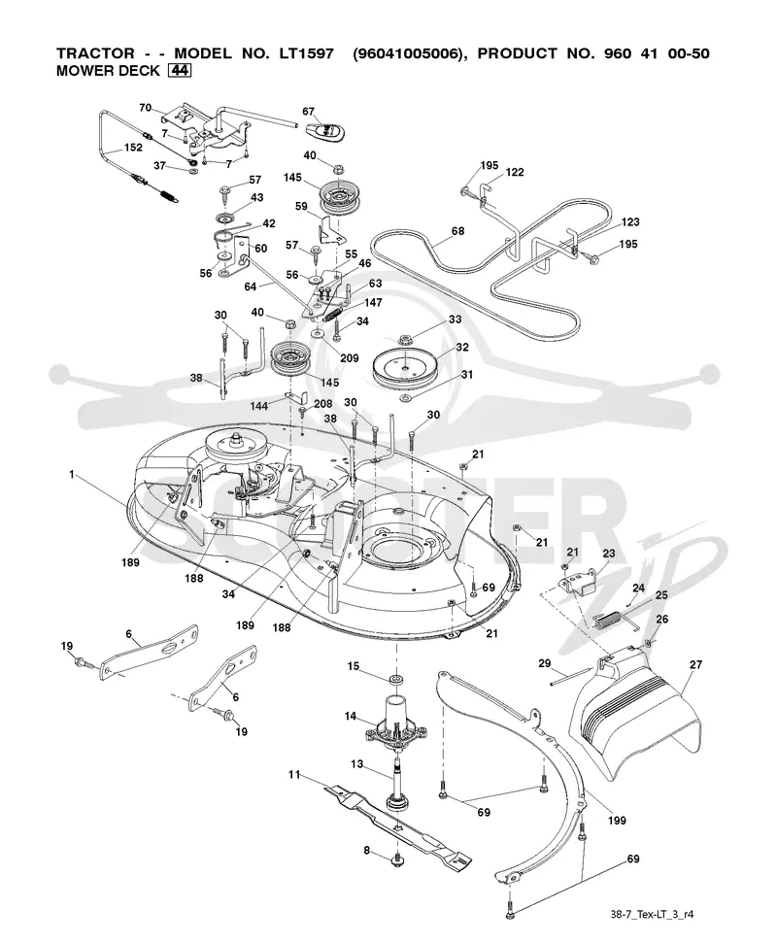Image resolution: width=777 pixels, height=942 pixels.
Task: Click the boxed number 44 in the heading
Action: click(181, 70)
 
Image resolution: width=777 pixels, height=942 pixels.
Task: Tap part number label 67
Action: click(308, 111)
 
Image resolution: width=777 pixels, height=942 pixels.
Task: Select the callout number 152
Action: click(133, 148)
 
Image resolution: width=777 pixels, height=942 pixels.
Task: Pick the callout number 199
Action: click(617, 821)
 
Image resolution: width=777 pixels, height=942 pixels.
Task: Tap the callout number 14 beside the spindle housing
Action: click(351, 716)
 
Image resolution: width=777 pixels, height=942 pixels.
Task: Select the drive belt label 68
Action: click(457, 231)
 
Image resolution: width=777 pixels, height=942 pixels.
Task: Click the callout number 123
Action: click(630, 221)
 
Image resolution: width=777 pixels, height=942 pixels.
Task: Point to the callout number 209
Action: click(349, 358)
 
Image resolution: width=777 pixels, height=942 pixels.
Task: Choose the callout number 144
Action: click(259, 406)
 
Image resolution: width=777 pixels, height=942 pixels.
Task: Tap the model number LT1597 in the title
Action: click(306, 52)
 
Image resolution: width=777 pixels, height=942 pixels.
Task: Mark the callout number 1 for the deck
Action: click(72, 475)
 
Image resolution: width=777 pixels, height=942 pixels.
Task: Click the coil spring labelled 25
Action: click(609, 619)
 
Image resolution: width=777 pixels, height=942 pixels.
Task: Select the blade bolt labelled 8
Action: click(397, 861)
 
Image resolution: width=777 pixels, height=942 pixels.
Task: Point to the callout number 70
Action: click(146, 108)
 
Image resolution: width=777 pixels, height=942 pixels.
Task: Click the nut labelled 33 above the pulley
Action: click(405, 341)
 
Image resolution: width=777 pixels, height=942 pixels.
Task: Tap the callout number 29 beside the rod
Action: click(545, 663)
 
